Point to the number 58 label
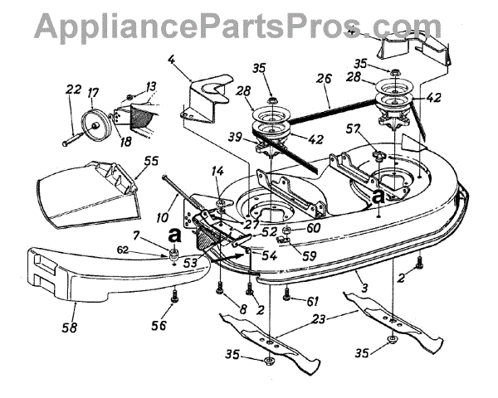[70, 328]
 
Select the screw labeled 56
[176, 297]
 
